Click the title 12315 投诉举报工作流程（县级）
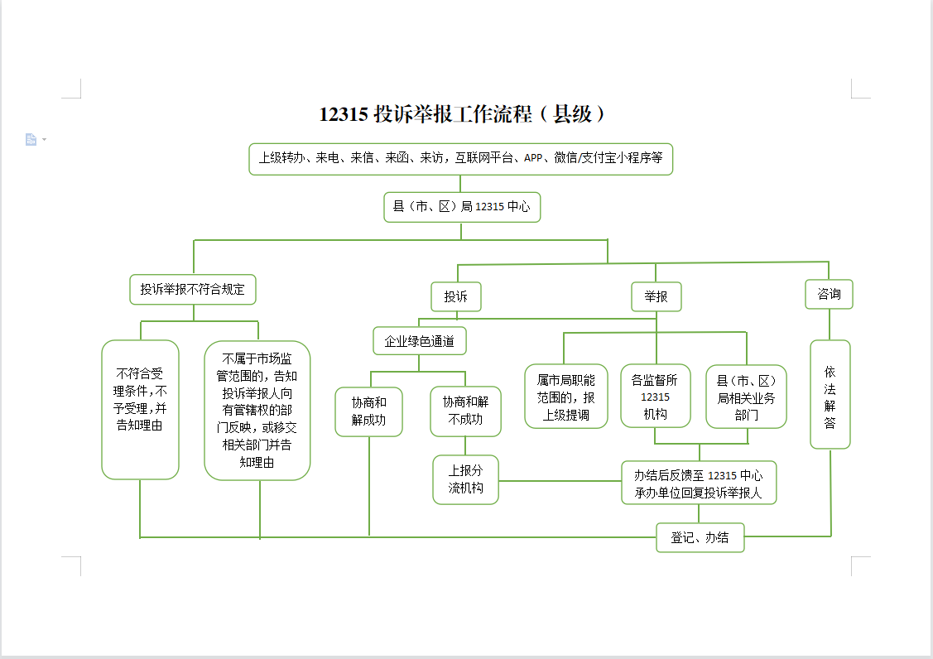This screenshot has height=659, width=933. [463, 114]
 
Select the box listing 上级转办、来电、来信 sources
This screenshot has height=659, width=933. [460, 158]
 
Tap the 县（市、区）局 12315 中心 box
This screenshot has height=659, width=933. [461, 207]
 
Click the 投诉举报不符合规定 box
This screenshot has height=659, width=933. [193, 290]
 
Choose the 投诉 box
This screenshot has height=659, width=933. [455, 296]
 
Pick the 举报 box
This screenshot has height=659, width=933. [656, 296]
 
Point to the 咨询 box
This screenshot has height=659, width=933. [829, 294]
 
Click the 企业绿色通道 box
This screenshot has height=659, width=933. [419, 340]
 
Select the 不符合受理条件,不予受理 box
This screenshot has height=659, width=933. [140, 409]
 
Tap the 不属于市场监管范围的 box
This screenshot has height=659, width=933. [257, 410]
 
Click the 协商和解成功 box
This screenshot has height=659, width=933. [369, 411]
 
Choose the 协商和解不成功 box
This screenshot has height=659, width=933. [465, 411]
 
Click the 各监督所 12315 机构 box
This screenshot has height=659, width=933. [655, 397]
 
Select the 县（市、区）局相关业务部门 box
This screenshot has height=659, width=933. [746, 397]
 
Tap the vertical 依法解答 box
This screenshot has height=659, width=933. [830, 394]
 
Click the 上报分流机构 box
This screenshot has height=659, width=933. [465, 479]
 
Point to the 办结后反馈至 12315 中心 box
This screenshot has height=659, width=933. [699, 483]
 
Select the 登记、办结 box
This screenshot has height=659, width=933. [700, 537]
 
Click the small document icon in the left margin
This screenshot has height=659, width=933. [31, 140]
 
